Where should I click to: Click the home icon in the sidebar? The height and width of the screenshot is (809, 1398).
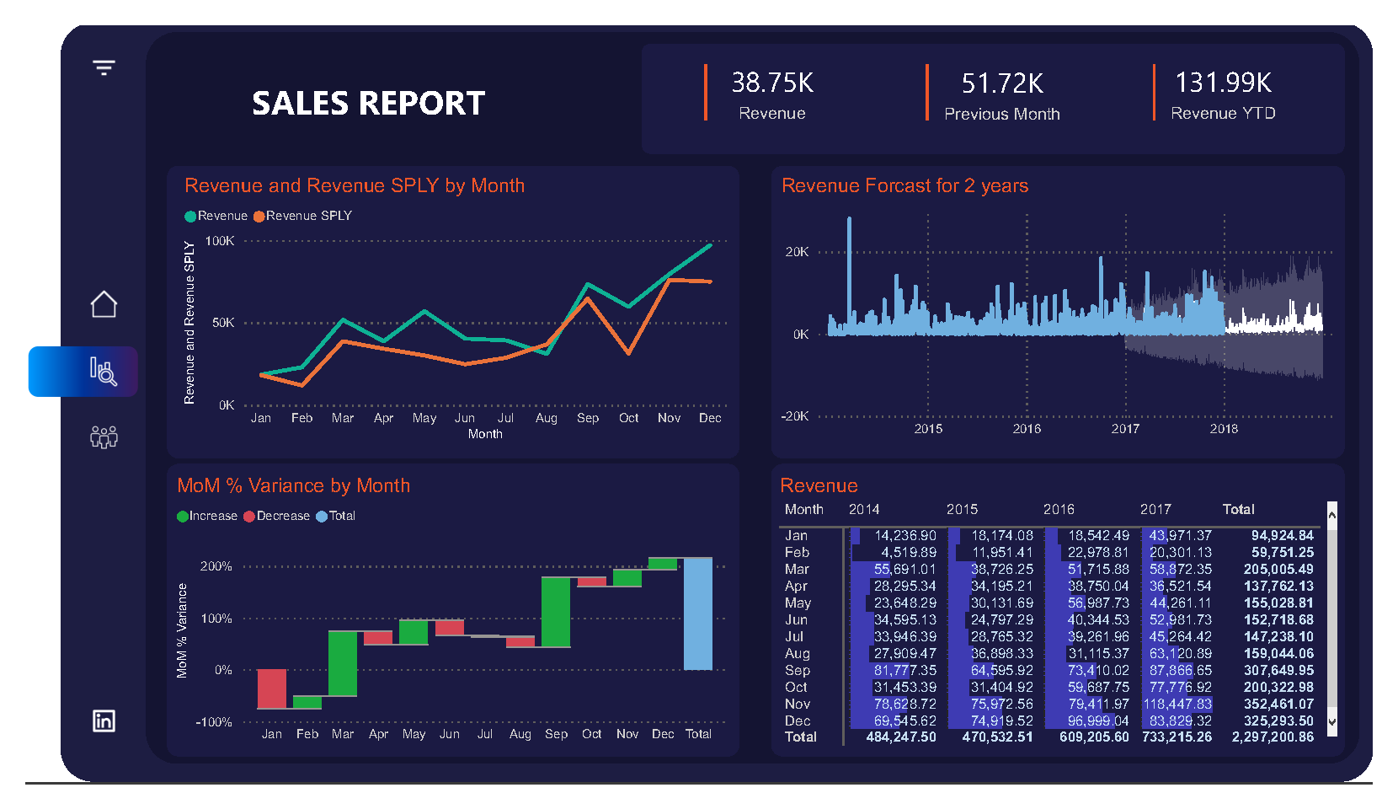point(104,304)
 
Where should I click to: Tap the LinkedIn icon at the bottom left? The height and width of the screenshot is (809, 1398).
point(104,721)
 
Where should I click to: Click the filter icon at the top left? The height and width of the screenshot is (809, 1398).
point(104,67)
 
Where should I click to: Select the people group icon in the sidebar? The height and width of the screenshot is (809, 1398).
point(104,437)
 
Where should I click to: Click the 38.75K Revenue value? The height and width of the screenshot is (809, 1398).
point(771,83)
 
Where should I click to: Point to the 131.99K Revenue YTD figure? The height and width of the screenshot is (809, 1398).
point(1223,83)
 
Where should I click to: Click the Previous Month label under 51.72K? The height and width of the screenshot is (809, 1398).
point(1001,114)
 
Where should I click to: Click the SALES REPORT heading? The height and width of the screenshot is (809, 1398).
point(368,104)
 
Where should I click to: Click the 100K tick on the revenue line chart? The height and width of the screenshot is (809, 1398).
point(220,241)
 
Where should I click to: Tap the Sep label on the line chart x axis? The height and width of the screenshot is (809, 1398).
point(588,418)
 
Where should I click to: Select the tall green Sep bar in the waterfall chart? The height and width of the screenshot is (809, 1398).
point(556,612)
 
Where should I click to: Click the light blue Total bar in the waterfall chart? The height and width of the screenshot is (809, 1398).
point(697,613)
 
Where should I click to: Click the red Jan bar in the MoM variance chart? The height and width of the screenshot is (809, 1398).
point(271,688)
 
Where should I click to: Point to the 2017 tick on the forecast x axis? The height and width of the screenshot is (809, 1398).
point(1125,429)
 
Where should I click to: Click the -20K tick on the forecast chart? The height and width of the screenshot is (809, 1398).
point(794,416)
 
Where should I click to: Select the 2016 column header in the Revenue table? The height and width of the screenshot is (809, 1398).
point(1059,509)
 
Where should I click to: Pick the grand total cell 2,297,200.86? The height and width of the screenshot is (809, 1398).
point(1272,737)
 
